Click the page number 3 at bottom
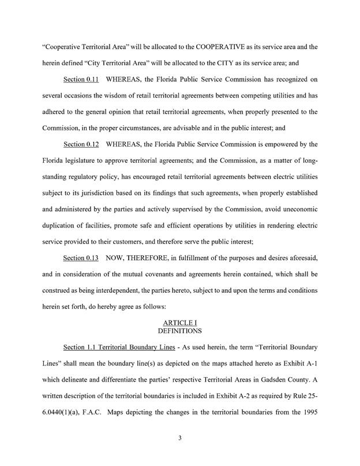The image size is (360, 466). (x=180, y=438)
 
